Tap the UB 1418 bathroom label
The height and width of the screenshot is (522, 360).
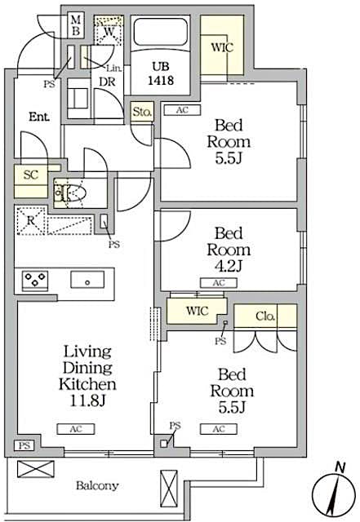click(160, 74)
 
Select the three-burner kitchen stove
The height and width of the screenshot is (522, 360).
click(34, 280)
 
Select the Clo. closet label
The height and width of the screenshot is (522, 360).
click(266, 316)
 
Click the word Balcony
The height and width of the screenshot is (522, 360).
click(97, 486)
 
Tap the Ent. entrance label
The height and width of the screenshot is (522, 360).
click(38, 117)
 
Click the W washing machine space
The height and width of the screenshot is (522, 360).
click(109, 31)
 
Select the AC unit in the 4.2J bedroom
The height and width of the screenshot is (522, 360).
click(219, 283)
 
